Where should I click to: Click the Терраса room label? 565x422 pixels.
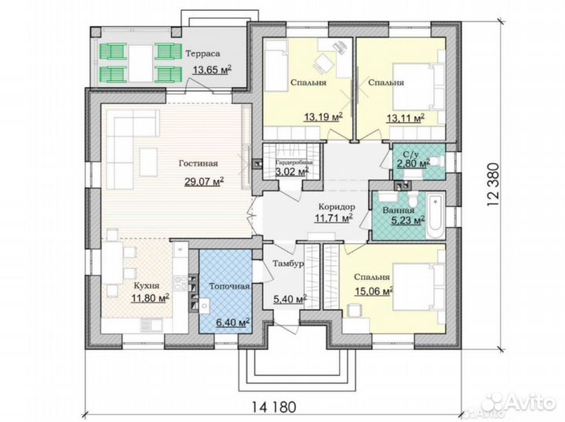(x=202, y=53)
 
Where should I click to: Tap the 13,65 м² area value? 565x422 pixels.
(x=212, y=70)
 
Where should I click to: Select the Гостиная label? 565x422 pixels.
(x=199, y=163)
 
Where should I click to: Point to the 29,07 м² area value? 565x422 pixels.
(x=204, y=181)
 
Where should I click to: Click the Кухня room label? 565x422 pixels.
(x=147, y=286)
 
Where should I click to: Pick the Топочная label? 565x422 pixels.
(x=229, y=286)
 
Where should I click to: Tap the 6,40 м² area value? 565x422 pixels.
(x=233, y=322)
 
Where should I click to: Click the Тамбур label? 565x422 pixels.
(x=288, y=264)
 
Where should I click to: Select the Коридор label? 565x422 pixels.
(x=337, y=207)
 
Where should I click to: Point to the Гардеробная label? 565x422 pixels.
(x=294, y=162)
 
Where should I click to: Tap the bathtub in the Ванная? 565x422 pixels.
(x=436, y=216)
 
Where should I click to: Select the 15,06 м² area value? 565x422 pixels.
(x=374, y=291)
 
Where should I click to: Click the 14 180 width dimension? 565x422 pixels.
(x=274, y=407)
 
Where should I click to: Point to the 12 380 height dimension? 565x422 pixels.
(x=493, y=184)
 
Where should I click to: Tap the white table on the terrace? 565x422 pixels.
(x=141, y=64)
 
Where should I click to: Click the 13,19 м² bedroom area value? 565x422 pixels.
(x=323, y=117)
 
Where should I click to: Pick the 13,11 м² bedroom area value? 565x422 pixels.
(x=406, y=118)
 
